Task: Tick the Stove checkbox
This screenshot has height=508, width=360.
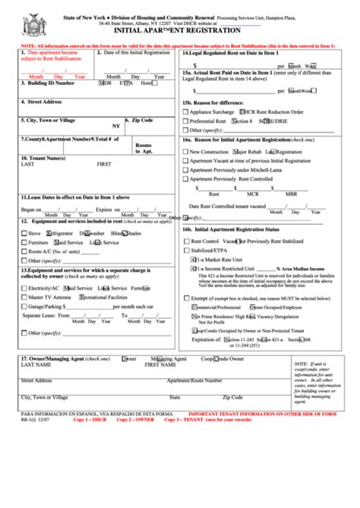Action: pyautogui.click(x=24, y=233)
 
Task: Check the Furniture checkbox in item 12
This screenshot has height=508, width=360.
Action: pyautogui.click(x=24, y=242)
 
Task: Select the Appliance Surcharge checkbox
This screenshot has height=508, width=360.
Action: pyautogui.click(x=185, y=112)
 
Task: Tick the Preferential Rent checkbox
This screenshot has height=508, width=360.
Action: pyautogui.click(x=185, y=121)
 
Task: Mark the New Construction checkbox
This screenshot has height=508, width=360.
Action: pyautogui.click(x=185, y=152)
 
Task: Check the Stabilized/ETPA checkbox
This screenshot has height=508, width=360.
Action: pyautogui.click(x=185, y=249)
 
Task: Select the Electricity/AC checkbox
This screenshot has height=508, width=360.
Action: pyautogui.click(x=24, y=289)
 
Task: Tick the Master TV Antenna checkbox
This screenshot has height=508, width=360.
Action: pyautogui.click(x=24, y=298)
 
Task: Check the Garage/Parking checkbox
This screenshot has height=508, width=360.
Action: pyautogui.click(x=24, y=306)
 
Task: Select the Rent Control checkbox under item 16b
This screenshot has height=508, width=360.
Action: pyautogui.click(x=185, y=241)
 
